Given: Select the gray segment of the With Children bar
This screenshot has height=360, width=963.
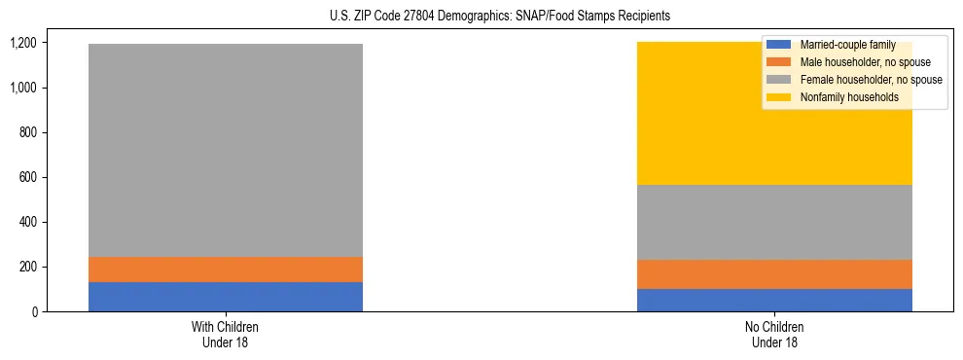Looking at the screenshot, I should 226,150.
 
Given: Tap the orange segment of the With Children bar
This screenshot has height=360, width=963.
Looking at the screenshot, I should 226,270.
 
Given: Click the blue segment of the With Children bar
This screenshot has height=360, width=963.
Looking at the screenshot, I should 226,297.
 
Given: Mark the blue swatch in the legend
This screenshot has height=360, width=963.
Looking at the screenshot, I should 779,45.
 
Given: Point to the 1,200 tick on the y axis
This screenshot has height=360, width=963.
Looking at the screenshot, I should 23,43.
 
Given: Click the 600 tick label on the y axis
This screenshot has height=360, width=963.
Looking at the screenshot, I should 28,177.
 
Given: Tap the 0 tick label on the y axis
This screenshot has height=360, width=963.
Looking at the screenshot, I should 34,311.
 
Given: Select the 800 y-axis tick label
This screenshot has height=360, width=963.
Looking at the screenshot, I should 28,132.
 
